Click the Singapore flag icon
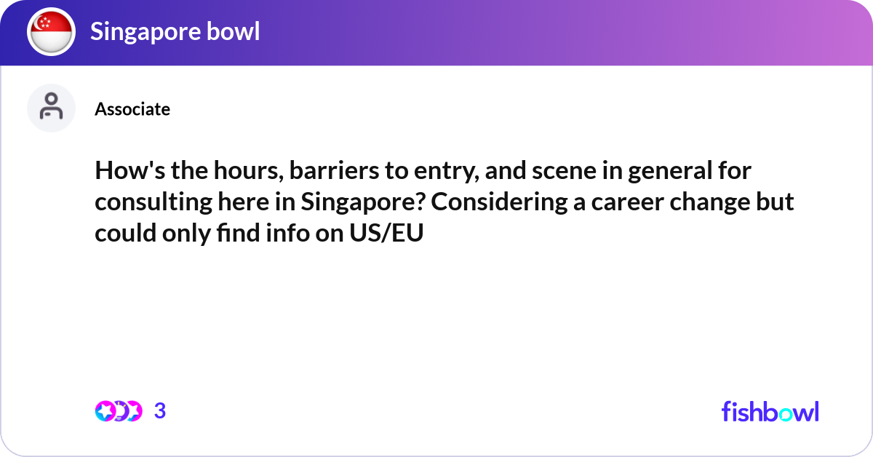tap(51, 33)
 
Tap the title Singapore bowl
tap(175, 32)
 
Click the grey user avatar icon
tap(51, 108)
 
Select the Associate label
tap(132, 109)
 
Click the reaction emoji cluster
tap(118, 411)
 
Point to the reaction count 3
tap(160, 411)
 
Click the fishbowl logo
tap(770, 411)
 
